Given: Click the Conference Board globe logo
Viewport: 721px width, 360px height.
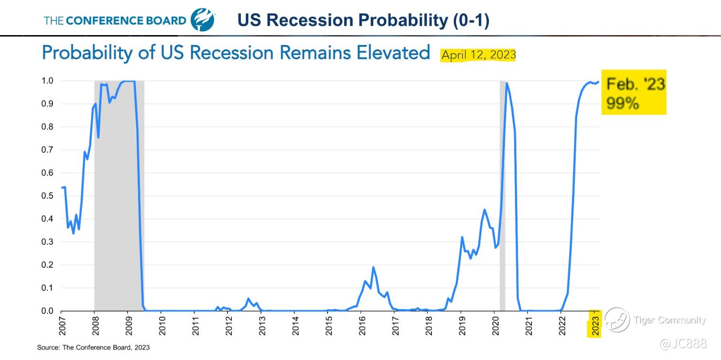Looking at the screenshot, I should click(202, 20).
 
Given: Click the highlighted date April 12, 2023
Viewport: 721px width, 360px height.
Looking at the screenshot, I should click(478, 55).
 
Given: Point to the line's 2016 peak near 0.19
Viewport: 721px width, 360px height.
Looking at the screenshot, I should click(374, 268).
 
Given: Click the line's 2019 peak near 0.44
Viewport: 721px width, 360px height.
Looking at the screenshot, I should click(484, 210).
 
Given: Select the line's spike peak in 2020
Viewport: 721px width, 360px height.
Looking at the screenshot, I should click(507, 83).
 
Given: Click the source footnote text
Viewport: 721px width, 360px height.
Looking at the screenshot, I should click(93, 348).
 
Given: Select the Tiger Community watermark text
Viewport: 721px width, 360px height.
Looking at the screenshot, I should click(670, 320).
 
